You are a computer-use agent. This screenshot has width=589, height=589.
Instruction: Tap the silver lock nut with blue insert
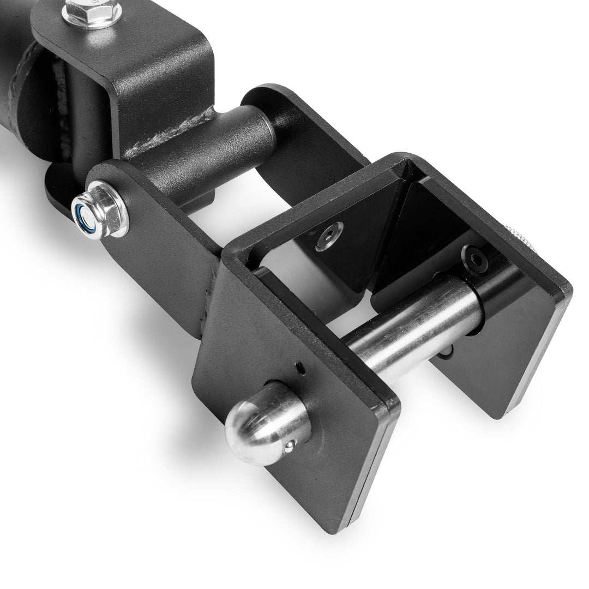pyautogui.click(x=100, y=210)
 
